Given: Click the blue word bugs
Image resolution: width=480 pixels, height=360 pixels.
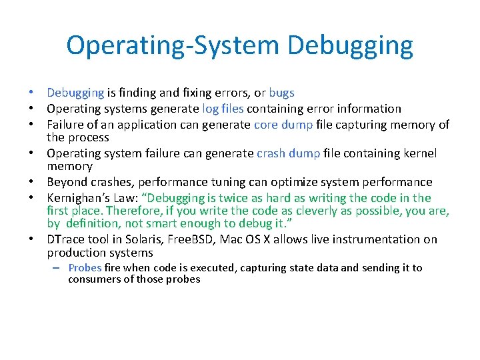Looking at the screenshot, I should coord(281,93).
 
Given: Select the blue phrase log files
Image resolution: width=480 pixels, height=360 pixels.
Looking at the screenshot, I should coord(223,109).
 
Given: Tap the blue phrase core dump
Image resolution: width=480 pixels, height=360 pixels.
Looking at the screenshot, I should coord(283,125).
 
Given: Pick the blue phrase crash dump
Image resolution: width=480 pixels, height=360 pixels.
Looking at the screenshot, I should coord(288,153).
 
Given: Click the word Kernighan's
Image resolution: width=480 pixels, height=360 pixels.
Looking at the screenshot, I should coord(81,198).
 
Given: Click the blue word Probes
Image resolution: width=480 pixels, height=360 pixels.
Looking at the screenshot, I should coord(85,268).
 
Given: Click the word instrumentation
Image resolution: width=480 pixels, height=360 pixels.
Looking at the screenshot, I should coord(374,239).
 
